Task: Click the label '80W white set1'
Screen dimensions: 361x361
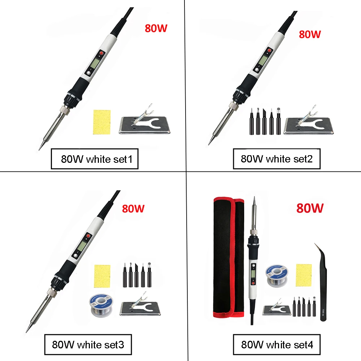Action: coord(95,159)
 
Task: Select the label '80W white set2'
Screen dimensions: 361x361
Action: coord(277,159)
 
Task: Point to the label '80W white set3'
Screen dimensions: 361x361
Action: coord(88,344)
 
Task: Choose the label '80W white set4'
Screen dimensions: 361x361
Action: coord(277,344)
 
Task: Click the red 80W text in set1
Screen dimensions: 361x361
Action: coord(156,29)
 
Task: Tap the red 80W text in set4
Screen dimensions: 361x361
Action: coord(310,208)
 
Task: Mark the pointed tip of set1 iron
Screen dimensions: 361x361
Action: coord(40,148)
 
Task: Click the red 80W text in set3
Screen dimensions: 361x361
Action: coord(133,208)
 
